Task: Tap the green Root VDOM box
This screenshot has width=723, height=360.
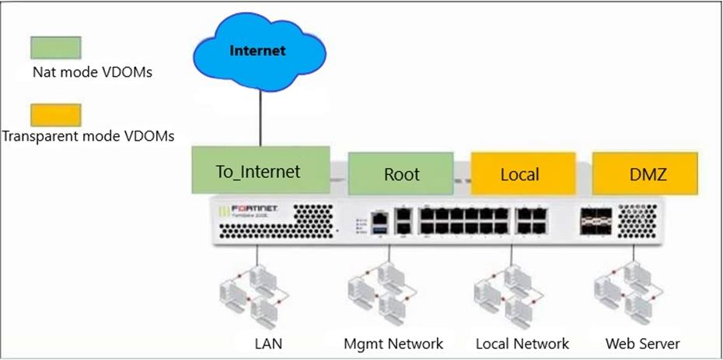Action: [x=401, y=173]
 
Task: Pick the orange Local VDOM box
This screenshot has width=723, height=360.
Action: [x=522, y=173]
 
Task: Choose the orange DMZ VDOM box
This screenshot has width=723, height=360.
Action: [x=644, y=173]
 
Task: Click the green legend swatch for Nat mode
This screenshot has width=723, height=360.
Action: [x=55, y=46]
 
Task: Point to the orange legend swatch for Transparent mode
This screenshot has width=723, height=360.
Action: [x=55, y=115]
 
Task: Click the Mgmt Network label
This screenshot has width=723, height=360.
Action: [x=394, y=343]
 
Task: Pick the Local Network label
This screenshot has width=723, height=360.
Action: [x=521, y=343]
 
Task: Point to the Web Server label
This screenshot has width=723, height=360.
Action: [x=643, y=343]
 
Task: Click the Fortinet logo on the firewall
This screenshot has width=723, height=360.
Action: [x=252, y=208]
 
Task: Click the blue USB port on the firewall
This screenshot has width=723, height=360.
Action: [x=380, y=229]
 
